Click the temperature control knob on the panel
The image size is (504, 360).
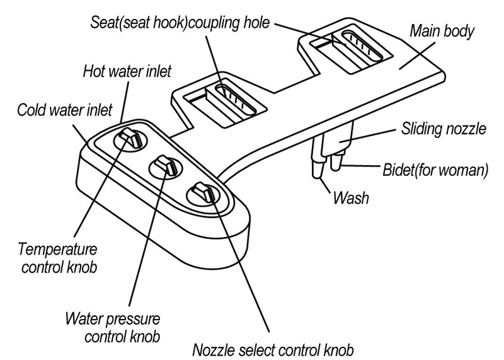point(131,137)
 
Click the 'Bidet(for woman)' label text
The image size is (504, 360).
point(435,170)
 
